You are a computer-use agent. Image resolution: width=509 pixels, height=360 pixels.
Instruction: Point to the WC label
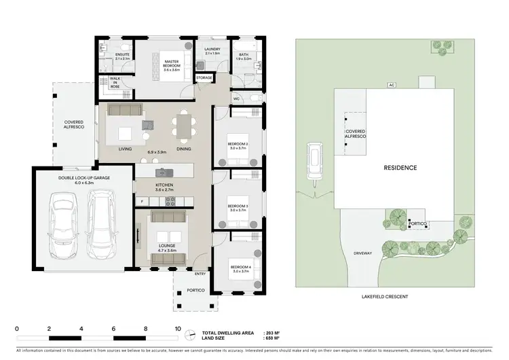236,99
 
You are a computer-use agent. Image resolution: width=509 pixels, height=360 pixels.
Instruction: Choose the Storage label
204,78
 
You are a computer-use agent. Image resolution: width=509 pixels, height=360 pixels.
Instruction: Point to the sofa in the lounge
167,217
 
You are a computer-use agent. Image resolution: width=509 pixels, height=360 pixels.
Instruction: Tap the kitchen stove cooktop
167,200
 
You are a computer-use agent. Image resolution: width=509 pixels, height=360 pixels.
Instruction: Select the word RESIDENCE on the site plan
400,167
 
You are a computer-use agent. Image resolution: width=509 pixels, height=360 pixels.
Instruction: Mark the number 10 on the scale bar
178,328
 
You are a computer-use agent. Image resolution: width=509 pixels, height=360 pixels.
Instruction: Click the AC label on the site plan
392,85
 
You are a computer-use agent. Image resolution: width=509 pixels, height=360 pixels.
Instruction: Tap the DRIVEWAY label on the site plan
363,253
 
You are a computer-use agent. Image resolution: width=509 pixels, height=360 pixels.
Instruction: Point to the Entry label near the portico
200,274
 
